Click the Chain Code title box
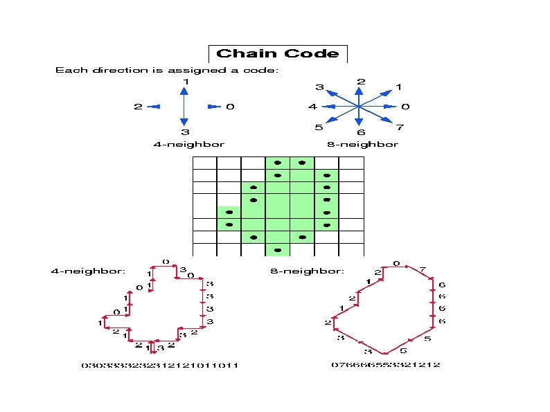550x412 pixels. coord(277,53)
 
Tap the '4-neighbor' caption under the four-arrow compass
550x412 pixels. coord(188,144)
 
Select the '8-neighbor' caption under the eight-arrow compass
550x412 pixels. coord(362,144)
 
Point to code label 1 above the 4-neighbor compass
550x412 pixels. coord(185,82)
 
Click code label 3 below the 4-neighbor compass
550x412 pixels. coord(185,132)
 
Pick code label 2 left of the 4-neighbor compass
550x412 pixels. coord(139,107)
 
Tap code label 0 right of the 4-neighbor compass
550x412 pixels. coord(230,107)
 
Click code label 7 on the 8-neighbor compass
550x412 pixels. coord(400,127)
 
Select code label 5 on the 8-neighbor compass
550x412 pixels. coord(319,127)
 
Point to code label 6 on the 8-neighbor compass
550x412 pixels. coord(361,132)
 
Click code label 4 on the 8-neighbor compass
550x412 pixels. coord(313,107)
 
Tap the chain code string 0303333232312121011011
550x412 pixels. coord(160,365)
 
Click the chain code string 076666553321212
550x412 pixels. coord(385,364)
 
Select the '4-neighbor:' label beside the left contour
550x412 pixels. coord(88,271)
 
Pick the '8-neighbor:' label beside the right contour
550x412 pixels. coord(307,271)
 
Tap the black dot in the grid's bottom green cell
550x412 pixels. coord(278,249)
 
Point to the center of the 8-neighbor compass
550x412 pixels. coord(359,107)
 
